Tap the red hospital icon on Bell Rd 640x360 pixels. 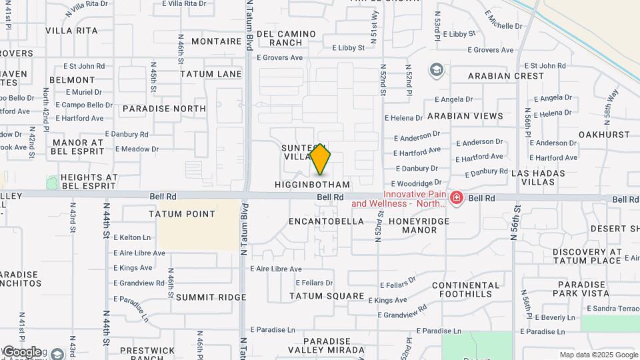[457, 198]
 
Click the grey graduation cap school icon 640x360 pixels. [437, 70]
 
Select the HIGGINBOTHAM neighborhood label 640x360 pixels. [312, 184]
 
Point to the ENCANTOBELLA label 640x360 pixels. [327, 221]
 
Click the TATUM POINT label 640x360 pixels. [182, 214]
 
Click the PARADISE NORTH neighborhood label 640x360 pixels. [164, 109]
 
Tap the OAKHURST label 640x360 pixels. [605, 134]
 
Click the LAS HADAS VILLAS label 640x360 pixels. [538, 177]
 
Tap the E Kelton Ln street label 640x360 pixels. [132, 237]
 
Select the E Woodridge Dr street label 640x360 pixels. [417, 183]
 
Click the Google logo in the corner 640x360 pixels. [21, 351]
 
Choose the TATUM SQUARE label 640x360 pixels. [327, 296]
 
